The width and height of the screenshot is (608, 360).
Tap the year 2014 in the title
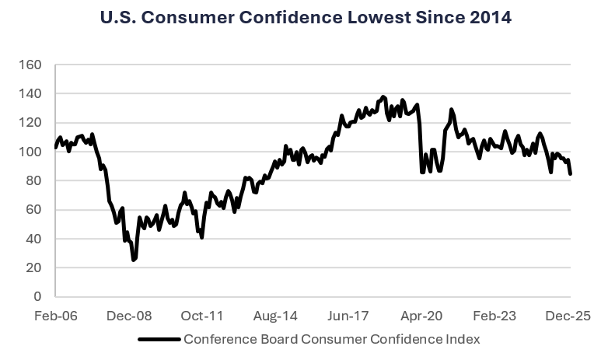(489, 17)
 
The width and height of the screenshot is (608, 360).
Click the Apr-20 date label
(420, 316)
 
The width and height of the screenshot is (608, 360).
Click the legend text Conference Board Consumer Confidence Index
(331, 340)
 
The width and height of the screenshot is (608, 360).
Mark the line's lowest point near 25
(134, 260)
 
